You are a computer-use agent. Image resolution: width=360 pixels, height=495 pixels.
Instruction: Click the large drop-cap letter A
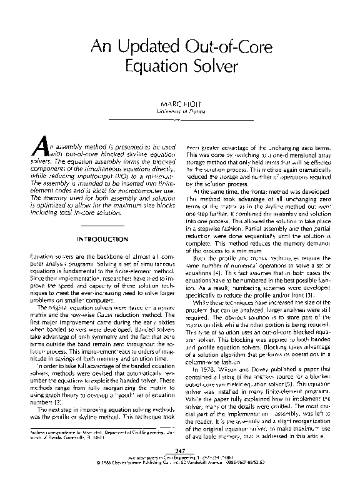(39, 146)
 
